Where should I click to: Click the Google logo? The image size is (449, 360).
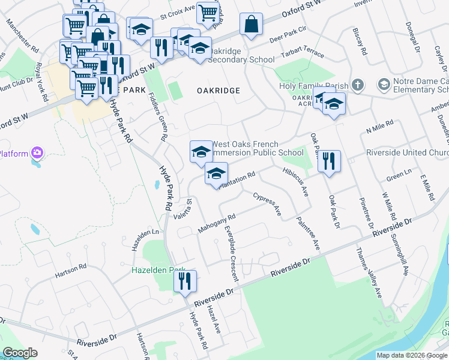click(20, 353)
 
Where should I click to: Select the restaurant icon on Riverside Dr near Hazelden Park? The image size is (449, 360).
click(185, 281)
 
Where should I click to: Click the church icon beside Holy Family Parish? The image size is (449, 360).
click(358, 85)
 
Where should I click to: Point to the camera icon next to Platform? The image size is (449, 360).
click(38, 154)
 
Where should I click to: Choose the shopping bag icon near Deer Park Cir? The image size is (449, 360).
click(251, 25)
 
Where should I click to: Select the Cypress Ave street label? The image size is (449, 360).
click(267, 205)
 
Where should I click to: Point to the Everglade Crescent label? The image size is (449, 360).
click(231, 253)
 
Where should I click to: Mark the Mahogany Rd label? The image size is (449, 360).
click(215, 224)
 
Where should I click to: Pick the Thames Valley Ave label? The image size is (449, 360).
click(369, 273)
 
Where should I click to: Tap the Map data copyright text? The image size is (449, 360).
click(412, 355)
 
